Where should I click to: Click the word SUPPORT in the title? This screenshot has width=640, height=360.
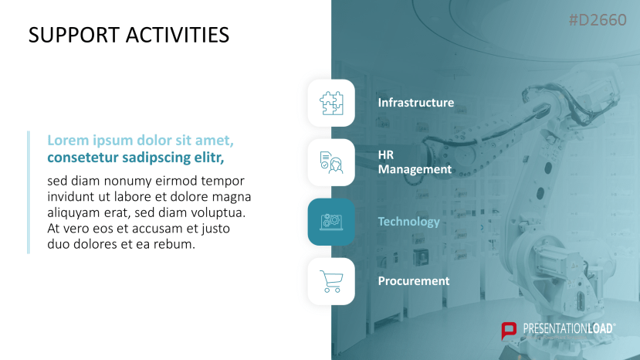[74, 35]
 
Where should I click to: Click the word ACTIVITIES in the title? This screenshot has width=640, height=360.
[178, 35]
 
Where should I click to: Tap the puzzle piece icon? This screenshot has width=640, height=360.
[331, 103]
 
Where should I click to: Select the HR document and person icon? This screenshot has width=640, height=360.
[331, 163]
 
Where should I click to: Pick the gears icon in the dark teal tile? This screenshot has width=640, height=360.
[331, 222]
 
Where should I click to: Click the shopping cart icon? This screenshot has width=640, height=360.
[331, 281]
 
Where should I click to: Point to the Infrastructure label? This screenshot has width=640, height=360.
[416, 103]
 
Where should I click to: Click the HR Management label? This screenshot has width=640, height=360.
[415, 162]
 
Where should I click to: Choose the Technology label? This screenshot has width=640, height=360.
[409, 222]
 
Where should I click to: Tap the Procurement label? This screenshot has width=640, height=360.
[414, 281]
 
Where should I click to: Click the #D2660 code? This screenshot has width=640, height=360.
[598, 20]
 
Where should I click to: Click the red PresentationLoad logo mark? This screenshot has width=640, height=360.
[509, 331]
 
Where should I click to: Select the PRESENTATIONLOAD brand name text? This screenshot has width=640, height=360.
[569, 328]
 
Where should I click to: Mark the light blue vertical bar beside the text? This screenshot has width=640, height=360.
[29, 192]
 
